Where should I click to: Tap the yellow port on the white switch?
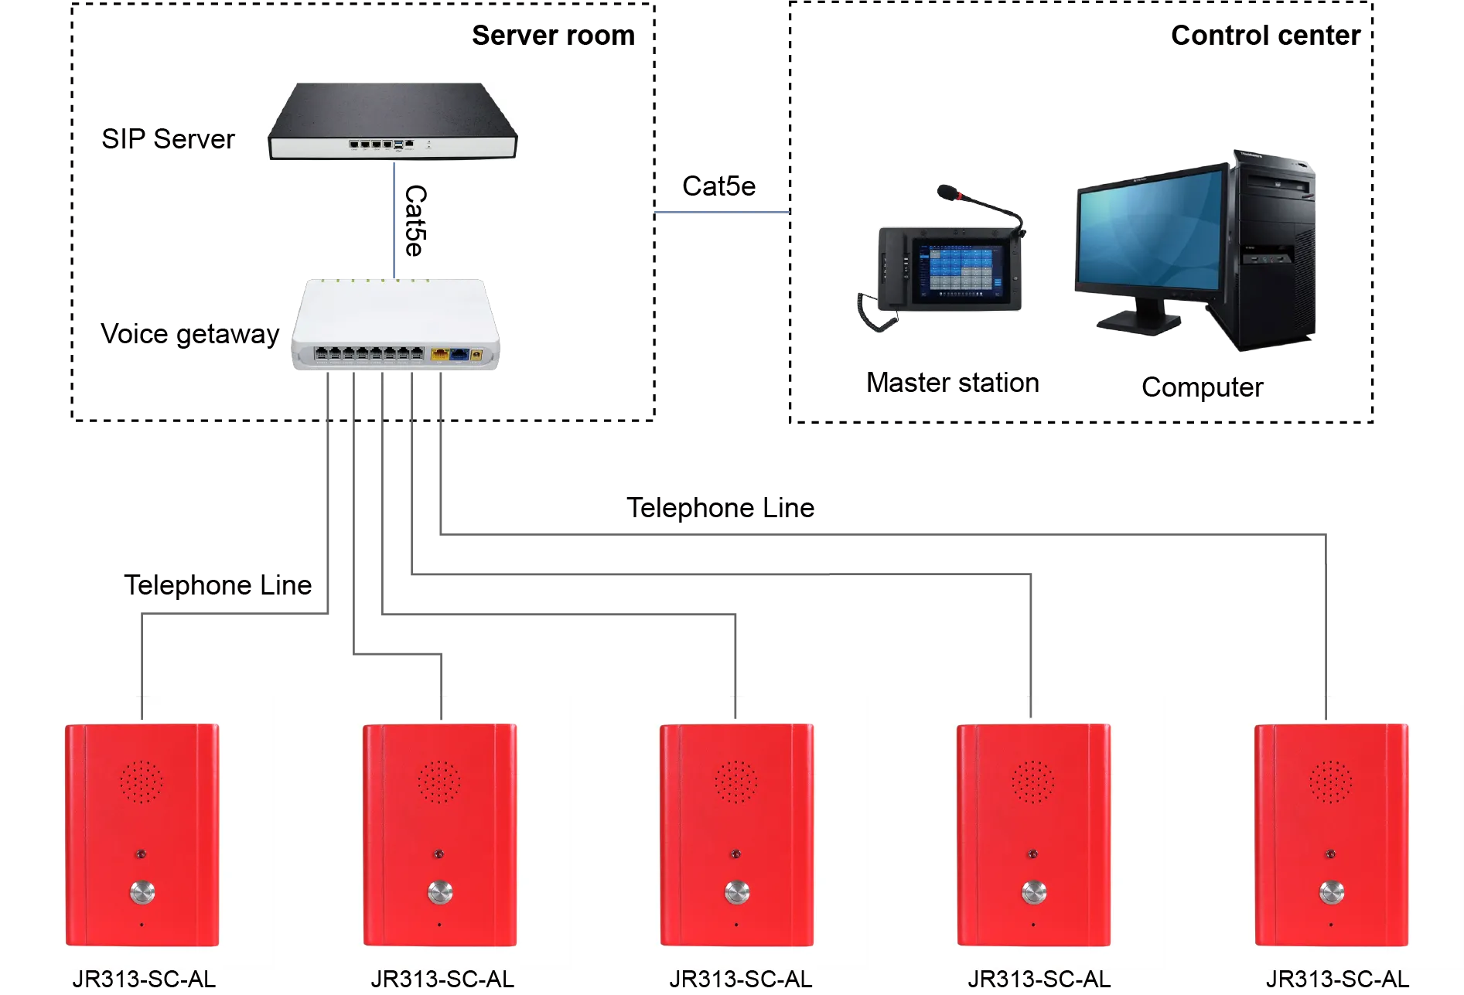[x=440, y=354]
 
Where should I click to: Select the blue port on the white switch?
[x=459, y=354]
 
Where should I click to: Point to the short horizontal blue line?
[x=722, y=213]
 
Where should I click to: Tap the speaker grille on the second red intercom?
[x=439, y=780]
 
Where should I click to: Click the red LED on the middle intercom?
[x=735, y=854]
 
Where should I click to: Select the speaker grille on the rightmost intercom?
[x=1330, y=780]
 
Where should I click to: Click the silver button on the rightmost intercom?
[x=1331, y=893]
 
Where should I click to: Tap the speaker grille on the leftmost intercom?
[x=142, y=780]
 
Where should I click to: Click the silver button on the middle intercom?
[x=736, y=893]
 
